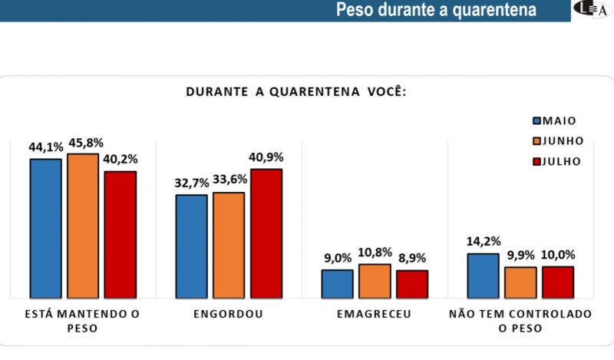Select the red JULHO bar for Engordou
(x=266, y=233)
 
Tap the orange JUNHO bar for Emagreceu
(x=375, y=281)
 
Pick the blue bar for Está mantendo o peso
(x=45, y=228)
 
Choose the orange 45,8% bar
(x=83, y=226)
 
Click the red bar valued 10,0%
(x=558, y=282)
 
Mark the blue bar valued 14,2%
(x=484, y=276)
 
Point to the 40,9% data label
(x=266, y=157)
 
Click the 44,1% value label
(x=45, y=147)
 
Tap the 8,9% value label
(x=412, y=258)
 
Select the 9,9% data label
(x=520, y=256)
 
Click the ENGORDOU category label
(x=229, y=314)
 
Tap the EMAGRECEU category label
(x=374, y=314)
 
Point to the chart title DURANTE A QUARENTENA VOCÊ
(x=295, y=92)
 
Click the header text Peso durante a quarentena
(x=436, y=11)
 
